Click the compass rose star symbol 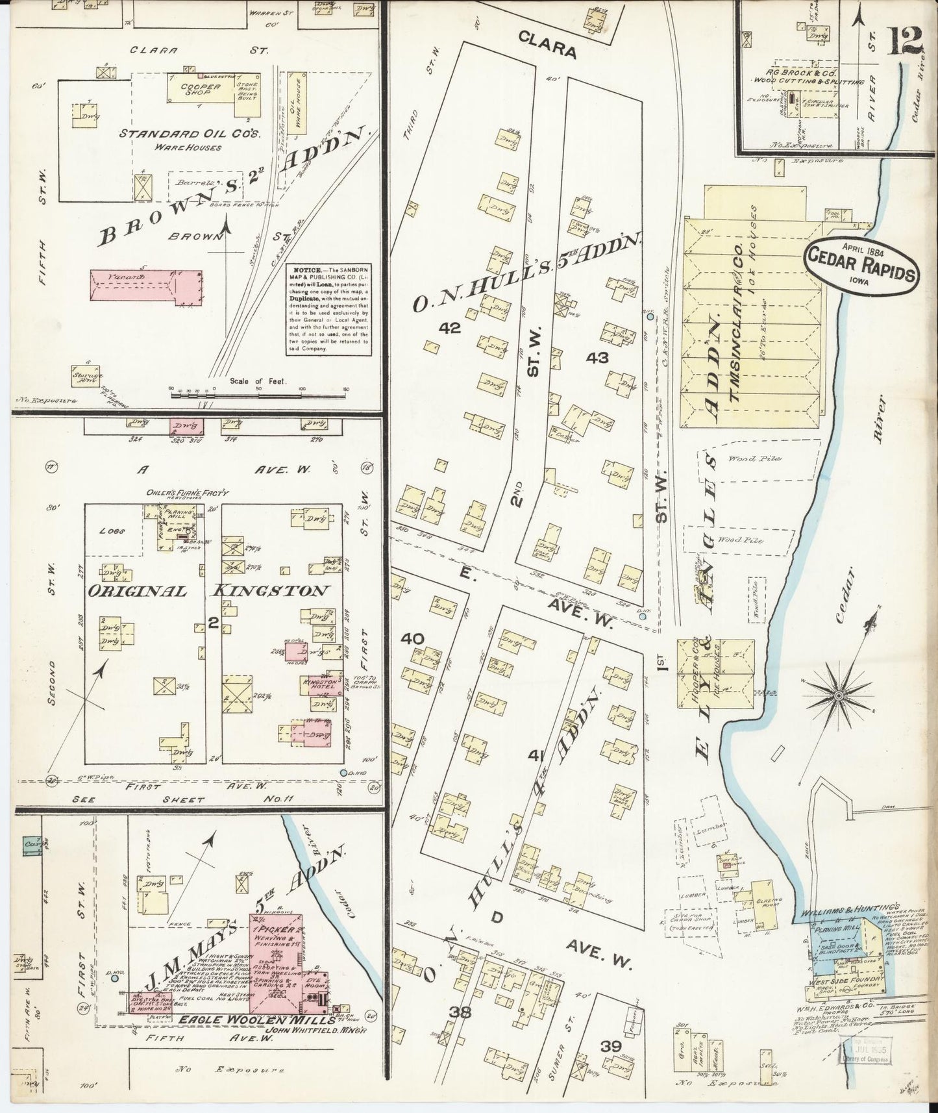[839, 695]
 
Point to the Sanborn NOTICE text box [330, 309]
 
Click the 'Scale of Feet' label [257, 382]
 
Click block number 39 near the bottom [611, 1046]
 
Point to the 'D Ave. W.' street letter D [497, 918]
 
